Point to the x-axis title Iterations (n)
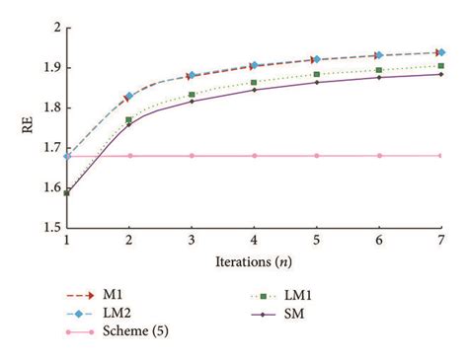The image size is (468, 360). (254, 262)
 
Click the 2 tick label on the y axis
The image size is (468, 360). (51, 27)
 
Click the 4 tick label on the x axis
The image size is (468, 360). (254, 241)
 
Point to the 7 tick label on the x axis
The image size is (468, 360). (440, 241)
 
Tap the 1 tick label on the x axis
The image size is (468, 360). (67, 241)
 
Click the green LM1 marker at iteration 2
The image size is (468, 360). (129, 120)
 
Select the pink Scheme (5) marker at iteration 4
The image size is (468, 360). (254, 155)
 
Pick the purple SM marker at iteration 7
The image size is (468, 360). (440, 74)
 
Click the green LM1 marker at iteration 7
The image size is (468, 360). (440, 66)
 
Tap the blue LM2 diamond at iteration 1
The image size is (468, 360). (67, 155)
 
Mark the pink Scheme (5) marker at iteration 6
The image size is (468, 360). (378, 155)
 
